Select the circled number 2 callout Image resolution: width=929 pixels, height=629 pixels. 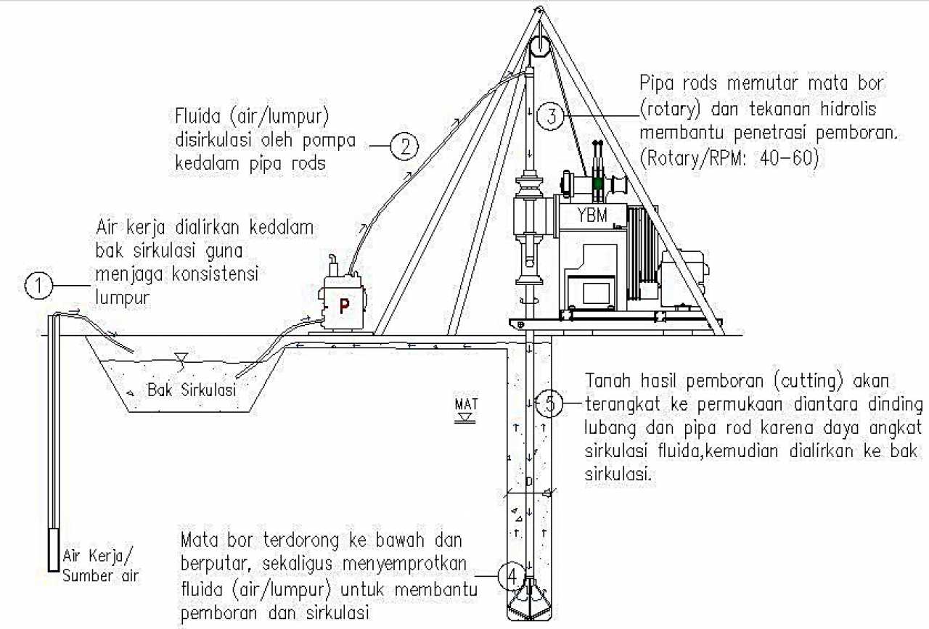click(x=404, y=147)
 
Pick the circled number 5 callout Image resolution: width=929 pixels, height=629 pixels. click(x=549, y=403)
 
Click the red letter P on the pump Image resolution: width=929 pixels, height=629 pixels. click(x=344, y=305)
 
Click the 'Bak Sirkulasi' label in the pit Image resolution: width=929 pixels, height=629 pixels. click(x=192, y=390)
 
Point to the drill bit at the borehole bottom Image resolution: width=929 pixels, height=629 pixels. click(x=530, y=601)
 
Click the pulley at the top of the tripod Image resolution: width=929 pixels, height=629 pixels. click(x=538, y=46)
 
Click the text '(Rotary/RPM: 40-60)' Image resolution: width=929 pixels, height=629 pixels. click(x=729, y=159)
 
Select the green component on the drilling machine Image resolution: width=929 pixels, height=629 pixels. click(x=597, y=184)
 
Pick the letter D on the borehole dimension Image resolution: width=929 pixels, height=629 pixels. click(x=529, y=482)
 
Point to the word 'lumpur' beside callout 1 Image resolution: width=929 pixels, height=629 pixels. click(x=123, y=298)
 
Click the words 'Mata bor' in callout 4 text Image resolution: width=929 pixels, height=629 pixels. click(x=213, y=541)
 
